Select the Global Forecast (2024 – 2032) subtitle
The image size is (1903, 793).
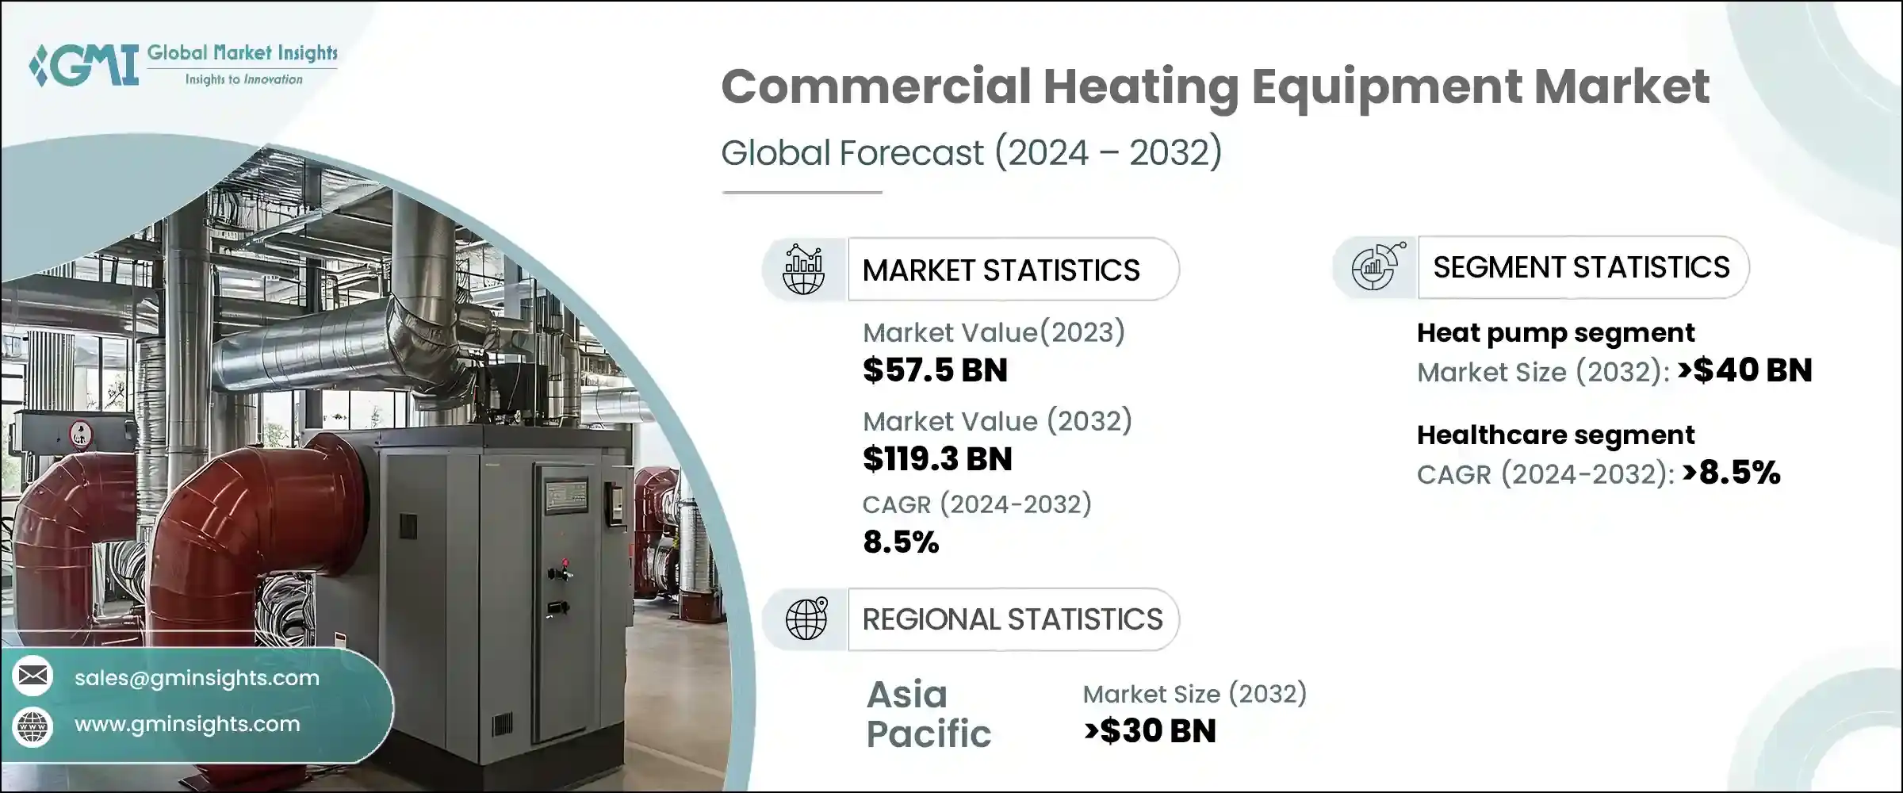(x=971, y=152)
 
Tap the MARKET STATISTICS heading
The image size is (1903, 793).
(x=1001, y=270)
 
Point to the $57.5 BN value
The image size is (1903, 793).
(x=935, y=370)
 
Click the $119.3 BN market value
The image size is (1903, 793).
(x=937, y=459)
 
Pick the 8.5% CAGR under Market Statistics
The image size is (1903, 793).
(x=901, y=542)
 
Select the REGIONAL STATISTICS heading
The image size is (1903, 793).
(x=1013, y=619)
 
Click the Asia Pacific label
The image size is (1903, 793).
(x=929, y=714)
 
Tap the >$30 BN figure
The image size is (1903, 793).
(x=1150, y=731)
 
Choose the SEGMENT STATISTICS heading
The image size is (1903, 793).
(x=1581, y=267)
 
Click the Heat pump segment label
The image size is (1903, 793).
(x=1556, y=333)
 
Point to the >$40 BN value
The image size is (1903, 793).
(x=1744, y=370)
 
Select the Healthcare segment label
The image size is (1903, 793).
(x=1556, y=435)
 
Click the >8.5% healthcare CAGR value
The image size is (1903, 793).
(x=1731, y=473)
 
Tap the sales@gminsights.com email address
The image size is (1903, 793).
(x=197, y=678)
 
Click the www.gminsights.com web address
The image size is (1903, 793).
(x=187, y=724)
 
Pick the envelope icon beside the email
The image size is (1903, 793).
(x=33, y=676)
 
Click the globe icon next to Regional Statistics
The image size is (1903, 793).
(x=806, y=619)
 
